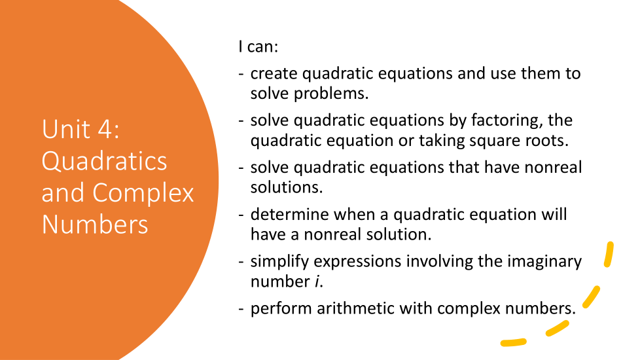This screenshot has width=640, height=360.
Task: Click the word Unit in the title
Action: tap(65, 129)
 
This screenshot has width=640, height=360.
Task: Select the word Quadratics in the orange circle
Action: tap(104, 161)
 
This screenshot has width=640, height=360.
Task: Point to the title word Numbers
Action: tap(95, 225)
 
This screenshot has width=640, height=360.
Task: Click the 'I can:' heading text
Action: tap(258, 46)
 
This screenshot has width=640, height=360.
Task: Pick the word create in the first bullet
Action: tap(274, 73)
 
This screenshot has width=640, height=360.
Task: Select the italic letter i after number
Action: tap(317, 281)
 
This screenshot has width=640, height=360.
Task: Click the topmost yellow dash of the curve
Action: tap(609, 255)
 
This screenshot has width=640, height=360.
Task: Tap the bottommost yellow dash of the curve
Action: tap(514, 342)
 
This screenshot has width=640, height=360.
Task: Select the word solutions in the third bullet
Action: tap(286, 188)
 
